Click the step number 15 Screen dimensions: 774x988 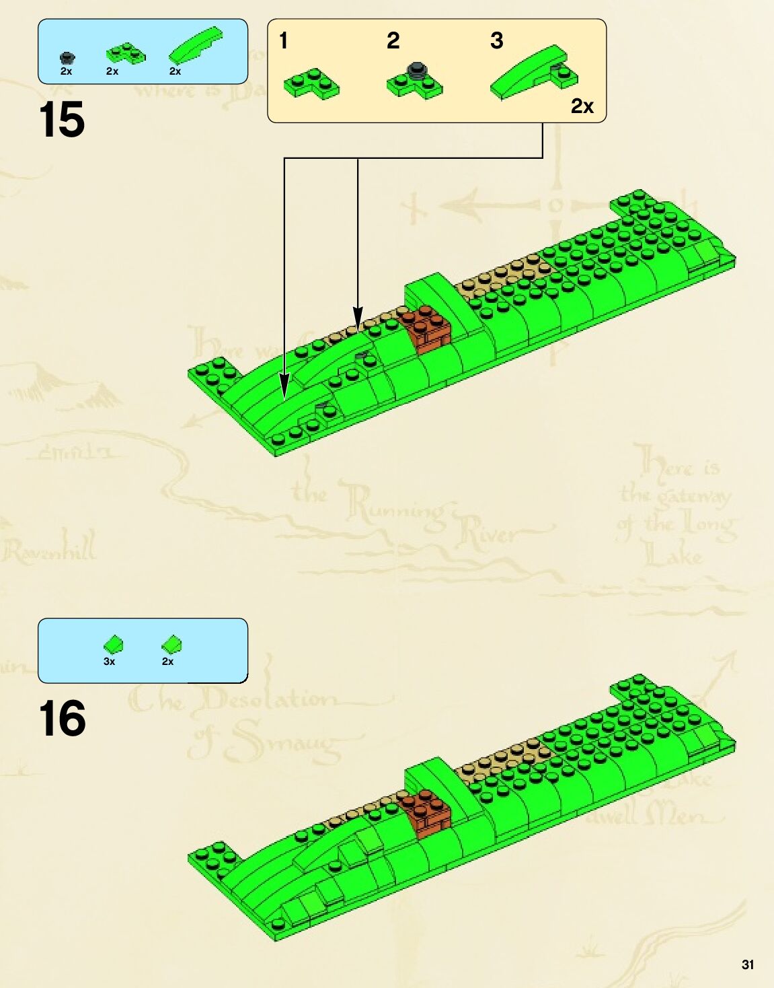[62, 120]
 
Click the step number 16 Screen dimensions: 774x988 [62, 719]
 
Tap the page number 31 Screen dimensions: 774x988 [747, 964]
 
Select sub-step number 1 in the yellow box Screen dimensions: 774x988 [284, 41]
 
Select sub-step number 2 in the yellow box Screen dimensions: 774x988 [393, 41]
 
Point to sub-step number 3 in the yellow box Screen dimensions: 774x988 [497, 41]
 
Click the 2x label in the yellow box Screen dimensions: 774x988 [582, 106]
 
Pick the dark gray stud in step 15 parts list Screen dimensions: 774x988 [67, 58]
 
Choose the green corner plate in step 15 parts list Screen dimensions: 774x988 [125, 53]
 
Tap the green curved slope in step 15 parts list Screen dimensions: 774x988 [195, 45]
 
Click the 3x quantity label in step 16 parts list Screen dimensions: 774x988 [110, 662]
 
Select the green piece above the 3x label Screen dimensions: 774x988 [114, 645]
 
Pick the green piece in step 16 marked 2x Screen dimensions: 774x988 [172, 645]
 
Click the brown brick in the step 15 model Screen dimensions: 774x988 [426, 328]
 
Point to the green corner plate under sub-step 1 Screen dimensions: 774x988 [311, 84]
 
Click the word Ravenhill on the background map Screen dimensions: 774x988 [48, 549]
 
